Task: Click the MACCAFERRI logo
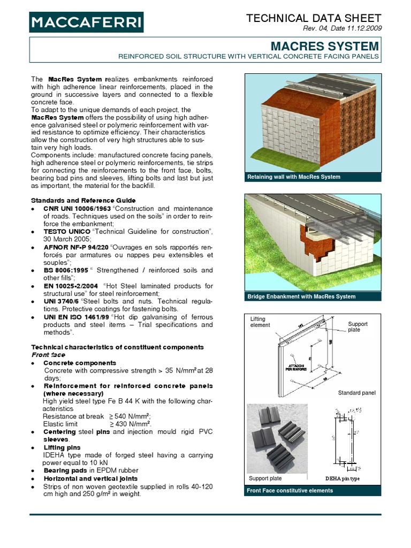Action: tap(86, 22)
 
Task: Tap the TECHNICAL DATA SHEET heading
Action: tap(314, 19)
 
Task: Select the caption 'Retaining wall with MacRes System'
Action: tap(293, 177)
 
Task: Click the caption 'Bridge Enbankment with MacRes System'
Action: tap(301, 296)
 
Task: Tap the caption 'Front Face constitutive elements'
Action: tap(290, 490)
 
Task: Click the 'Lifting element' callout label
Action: tap(260, 322)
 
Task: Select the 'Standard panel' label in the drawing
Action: tap(356, 393)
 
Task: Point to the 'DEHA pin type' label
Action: tap(342, 478)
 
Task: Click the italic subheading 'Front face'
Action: tap(48, 355)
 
